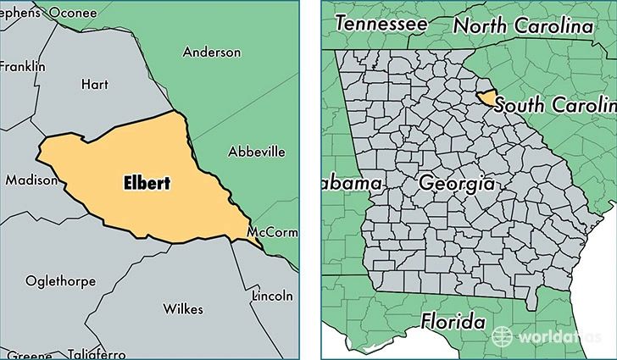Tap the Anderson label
pyautogui.click(x=211, y=53)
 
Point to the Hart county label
pyautogui.click(x=93, y=83)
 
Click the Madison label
pyautogui.click(x=31, y=180)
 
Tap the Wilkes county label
pyautogui.click(x=184, y=309)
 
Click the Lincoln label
pyautogui.click(x=273, y=296)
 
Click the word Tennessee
pyautogui.click(x=381, y=25)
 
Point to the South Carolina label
pyautogui.click(x=555, y=105)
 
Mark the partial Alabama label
pyautogui.click(x=354, y=184)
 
